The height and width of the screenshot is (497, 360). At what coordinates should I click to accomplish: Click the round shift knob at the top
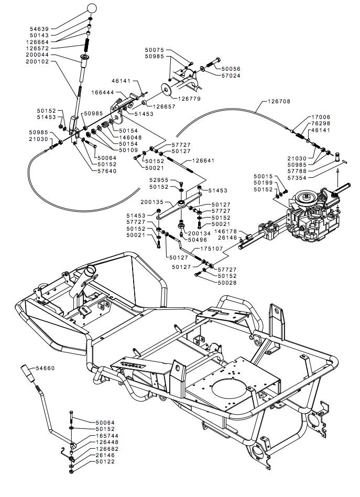(x=92, y=9)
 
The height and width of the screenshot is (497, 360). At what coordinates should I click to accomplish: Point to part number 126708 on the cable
(x=279, y=101)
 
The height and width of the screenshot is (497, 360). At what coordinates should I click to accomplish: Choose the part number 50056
(x=231, y=69)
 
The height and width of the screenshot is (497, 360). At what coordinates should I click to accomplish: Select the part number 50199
(x=264, y=182)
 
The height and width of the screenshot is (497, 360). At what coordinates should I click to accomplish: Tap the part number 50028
(x=227, y=283)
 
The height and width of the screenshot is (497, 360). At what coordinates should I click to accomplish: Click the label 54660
(x=45, y=368)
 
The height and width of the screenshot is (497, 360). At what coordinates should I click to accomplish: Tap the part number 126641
(x=203, y=160)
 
